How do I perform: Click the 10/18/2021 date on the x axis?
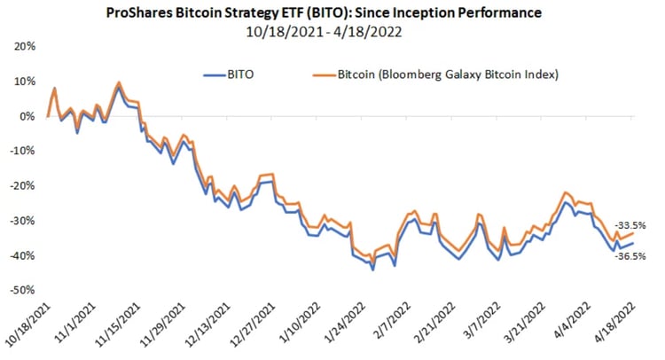[29, 325]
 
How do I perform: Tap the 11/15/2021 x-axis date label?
[117, 325]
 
